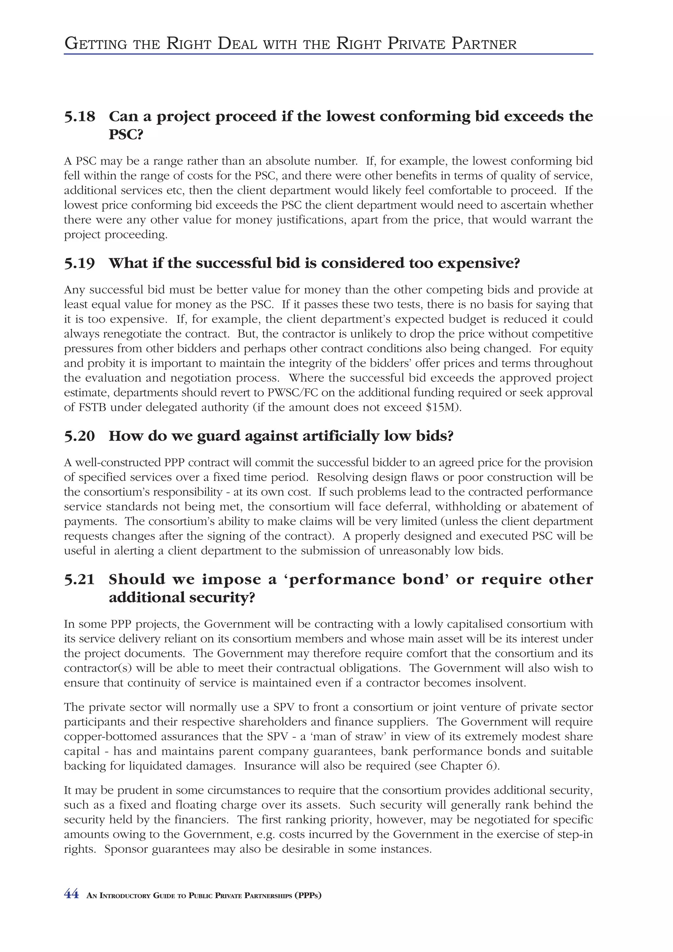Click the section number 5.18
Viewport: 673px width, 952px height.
point(79,117)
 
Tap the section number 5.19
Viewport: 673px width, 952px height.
point(79,263)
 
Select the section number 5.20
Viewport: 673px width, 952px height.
point(79,436)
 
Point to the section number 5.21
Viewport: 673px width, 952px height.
point(79,579)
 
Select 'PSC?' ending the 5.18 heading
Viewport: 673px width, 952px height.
point(126,135)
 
